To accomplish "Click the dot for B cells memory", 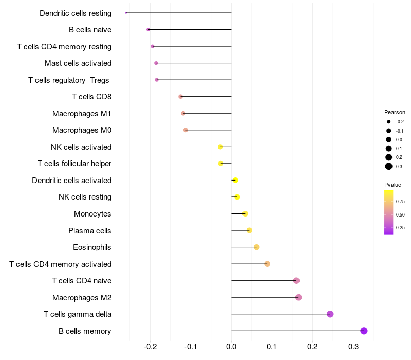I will tap(364, 331).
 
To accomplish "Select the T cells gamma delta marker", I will tap(330, 314).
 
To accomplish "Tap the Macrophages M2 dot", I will tap(298, 297).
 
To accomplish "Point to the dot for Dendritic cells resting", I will tap(126, 13).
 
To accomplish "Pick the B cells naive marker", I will tap(148, 30).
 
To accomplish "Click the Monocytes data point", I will tap(245, 213).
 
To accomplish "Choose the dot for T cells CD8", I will tap(180, 97).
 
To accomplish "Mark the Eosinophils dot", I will tap(257, 247).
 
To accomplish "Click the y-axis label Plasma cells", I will tap(90, 231).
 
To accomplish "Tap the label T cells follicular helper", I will tap(74, 164).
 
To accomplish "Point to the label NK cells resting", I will tap(85, 197).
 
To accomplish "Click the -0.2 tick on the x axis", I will tap(150, 347).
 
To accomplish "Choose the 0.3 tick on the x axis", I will tap(353, 347).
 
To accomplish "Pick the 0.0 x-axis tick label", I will tap(231, 347).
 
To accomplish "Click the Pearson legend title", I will tap(395, 112).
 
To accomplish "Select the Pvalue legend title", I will tap(393, 184).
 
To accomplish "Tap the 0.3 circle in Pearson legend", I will tap(389, 166).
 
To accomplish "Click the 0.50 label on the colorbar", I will tap(400, 214).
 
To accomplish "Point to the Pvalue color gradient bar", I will tap(389, 212).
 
